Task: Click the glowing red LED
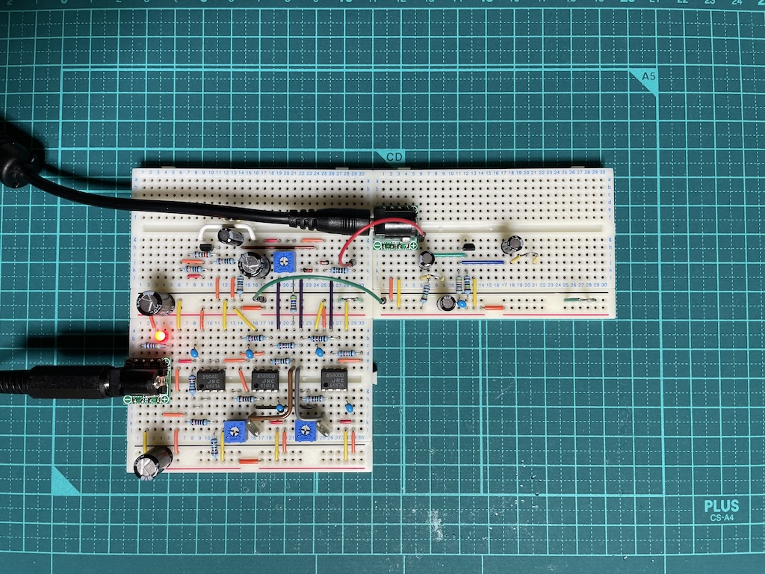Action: point(159,336)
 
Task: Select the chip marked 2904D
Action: point(210,380)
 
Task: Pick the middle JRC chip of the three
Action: point(265,380)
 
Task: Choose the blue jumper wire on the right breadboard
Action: point(482,262)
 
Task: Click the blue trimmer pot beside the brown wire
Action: point(235,430)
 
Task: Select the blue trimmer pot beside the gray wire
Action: point(305,430)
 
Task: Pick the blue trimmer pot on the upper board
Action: point(282,261)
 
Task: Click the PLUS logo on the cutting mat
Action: point(721,506)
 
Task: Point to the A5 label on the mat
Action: point(648,77)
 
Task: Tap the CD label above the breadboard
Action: point(395,157)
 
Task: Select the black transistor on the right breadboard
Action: point(469,247)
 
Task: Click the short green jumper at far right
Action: point(579,300)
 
